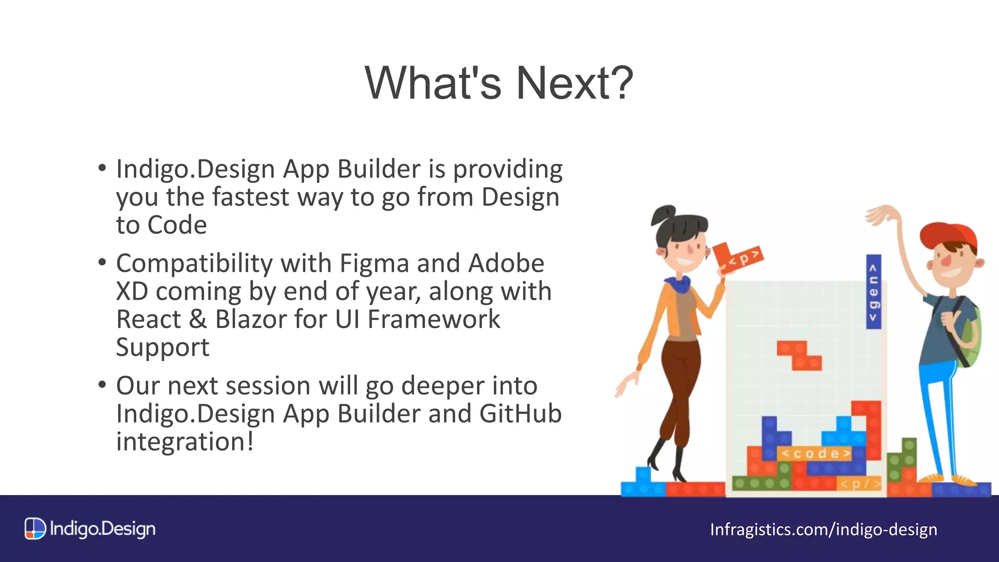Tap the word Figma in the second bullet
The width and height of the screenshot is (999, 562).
click(x=374, y=263)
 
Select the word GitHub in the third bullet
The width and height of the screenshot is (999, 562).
click(x=520, y=414)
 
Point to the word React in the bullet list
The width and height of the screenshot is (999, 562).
click(x=148, y=320)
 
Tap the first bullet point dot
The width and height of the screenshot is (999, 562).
click(x=102, y=168)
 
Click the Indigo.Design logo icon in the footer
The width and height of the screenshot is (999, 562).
click(x=35, y=529)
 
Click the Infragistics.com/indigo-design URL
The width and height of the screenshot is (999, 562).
click(x=823, y=529)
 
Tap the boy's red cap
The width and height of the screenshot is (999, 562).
click(x=946, y=235)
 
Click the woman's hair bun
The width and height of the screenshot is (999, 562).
click(x=663, y=215)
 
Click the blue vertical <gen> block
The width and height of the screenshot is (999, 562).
click(x=873, y=292)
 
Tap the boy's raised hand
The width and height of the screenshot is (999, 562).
click(x=882, y=215)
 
